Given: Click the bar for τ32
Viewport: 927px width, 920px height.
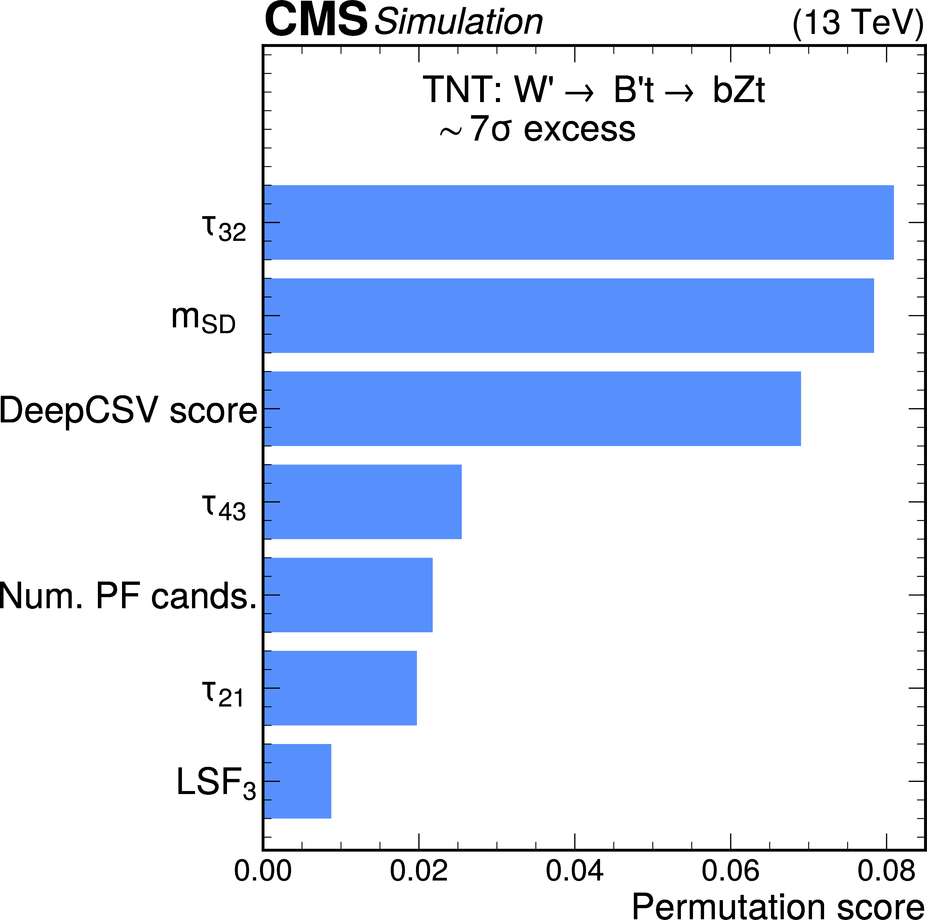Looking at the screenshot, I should coord(578,223).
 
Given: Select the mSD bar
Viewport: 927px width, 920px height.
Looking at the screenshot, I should coord(569,316).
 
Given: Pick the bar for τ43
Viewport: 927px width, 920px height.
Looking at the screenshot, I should coord(362,501).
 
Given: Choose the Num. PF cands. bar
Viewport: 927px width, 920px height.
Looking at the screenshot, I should coord(348,594).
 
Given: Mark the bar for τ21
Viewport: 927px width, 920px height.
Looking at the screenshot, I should coord(340,688).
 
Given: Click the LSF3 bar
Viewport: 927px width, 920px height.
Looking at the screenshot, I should coord(297,781).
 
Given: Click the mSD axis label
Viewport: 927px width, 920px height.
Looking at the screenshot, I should coord(203,319).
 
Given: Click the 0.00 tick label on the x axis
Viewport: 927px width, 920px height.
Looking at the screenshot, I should coord(263,870).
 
